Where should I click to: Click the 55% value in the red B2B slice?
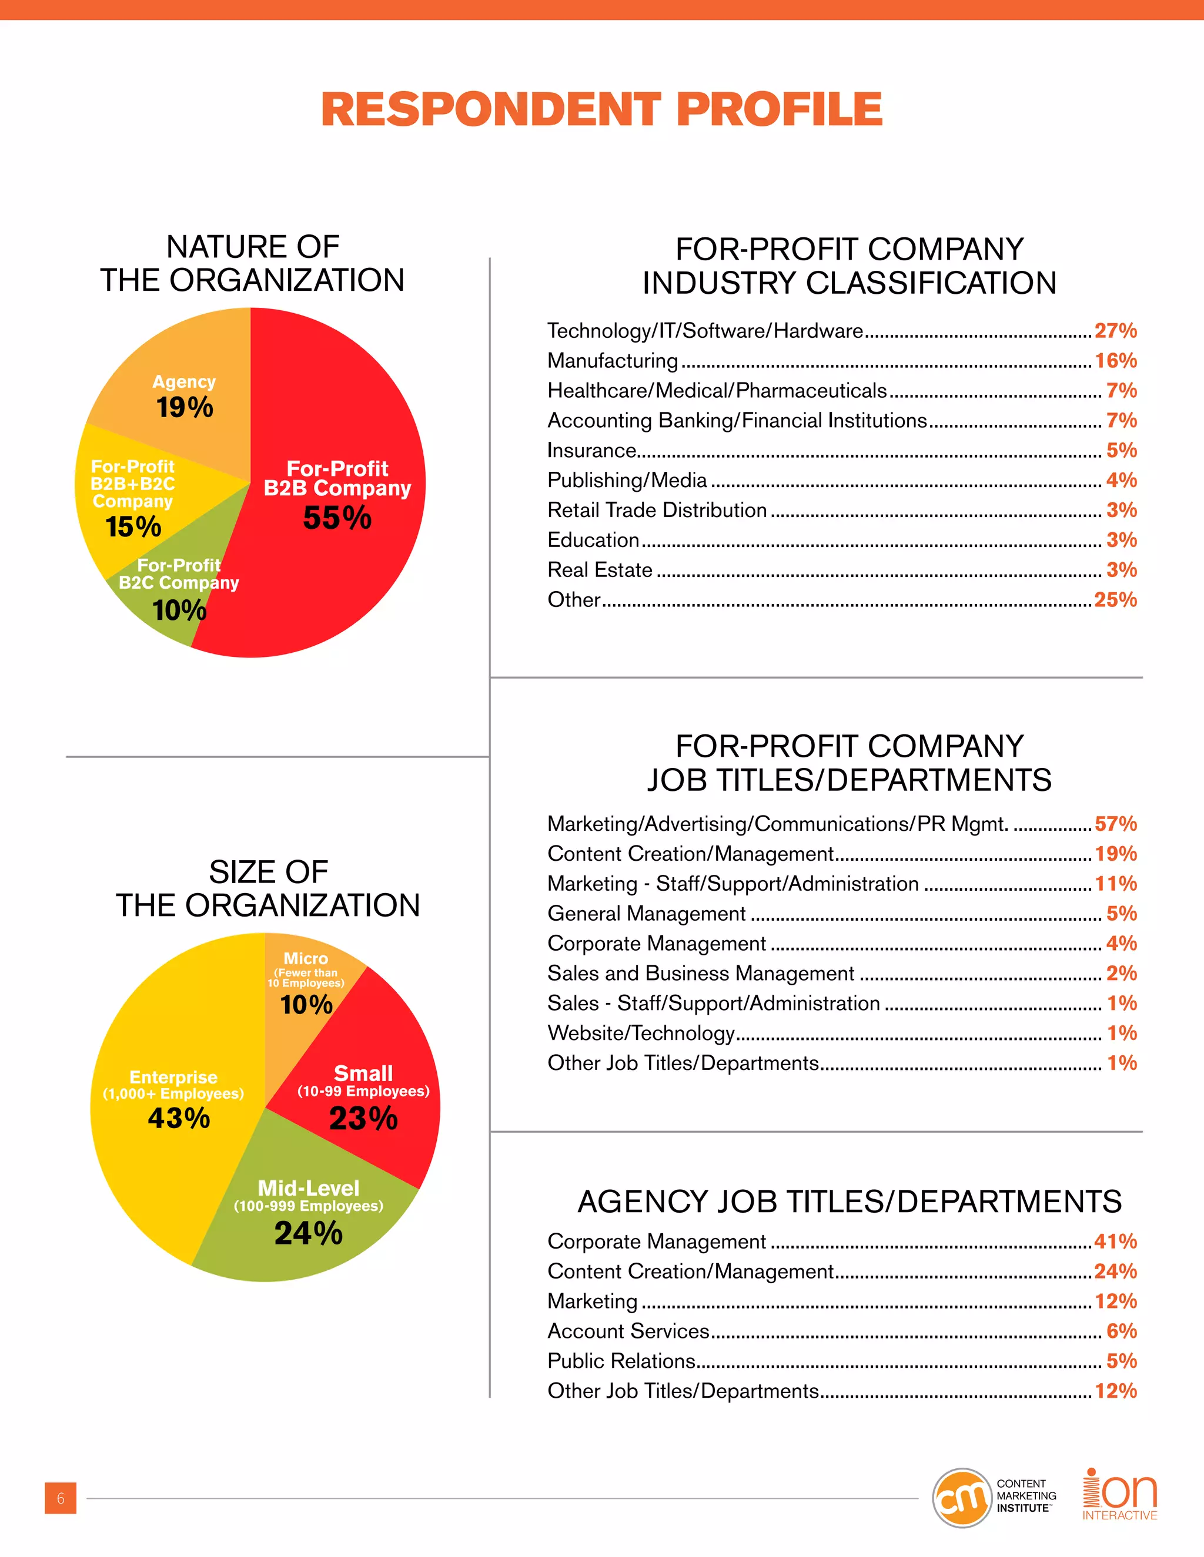[337, 518]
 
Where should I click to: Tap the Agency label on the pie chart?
[184, 382]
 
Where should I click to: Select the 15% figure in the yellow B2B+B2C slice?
[133, 527]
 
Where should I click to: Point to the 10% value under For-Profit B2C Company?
[179, 610]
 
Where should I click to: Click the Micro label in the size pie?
[305, 958]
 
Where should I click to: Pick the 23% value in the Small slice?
[363, 1118]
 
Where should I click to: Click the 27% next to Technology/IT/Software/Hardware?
[1116, 331]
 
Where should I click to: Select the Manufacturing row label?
[613, 361]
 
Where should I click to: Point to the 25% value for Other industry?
[1116, 599]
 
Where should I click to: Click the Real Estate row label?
[600, 569]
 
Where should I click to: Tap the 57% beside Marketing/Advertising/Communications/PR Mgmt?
[1116, 824]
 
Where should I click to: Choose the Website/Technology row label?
[641, 1033]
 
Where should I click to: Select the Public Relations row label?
[621, 1361]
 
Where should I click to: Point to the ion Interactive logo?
[1120, 1494]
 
